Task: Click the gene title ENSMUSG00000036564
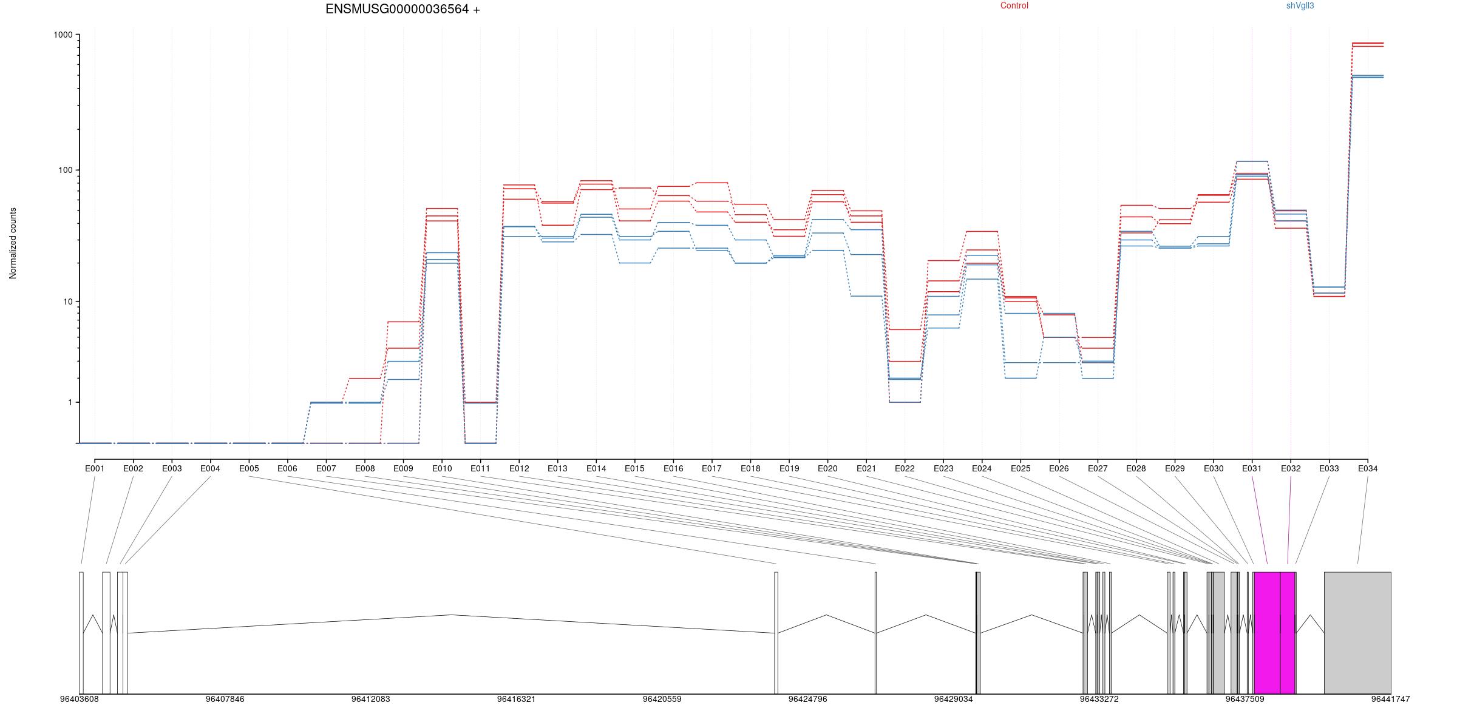coord(397,10)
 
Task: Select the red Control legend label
coord(1014,6)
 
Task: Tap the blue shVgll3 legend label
coord(1300,6)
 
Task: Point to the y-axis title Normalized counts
coord(13,243)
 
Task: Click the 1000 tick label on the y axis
coord(63,35)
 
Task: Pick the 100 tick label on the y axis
coord(66,170)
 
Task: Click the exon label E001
coord(95,469)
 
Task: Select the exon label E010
coord(442,469)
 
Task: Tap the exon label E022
coord(905,469)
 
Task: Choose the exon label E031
coord(1252,469)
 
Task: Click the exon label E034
coord(1368,469)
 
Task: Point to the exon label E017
coord(712,469)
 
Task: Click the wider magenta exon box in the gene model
coord(1267,633)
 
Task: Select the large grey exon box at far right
coord(1357,633)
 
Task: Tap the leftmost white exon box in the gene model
coord(81,633)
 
